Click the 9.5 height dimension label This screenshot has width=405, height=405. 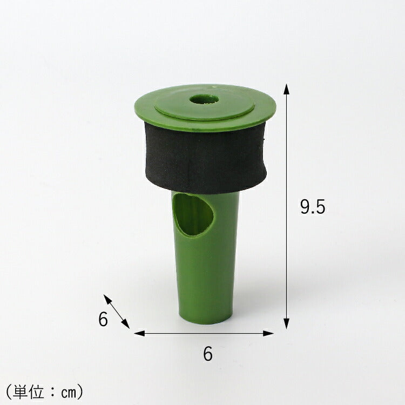313,207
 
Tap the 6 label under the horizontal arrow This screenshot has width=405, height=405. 208,354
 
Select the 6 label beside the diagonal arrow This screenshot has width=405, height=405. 103,319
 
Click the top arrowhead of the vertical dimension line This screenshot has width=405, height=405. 286,89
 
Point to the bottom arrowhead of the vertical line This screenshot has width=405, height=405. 286,323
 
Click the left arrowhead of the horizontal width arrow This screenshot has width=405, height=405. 139,333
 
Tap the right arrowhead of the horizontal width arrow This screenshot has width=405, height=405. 268,333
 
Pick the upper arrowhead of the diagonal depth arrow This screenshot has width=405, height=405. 107,299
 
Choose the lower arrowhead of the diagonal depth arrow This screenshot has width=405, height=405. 126,323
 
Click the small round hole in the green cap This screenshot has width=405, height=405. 204,99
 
